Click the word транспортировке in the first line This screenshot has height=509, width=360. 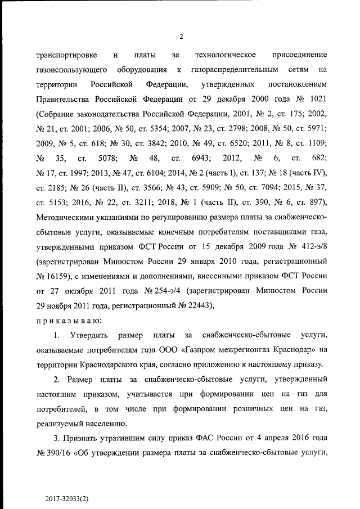(x=66, y=55)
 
